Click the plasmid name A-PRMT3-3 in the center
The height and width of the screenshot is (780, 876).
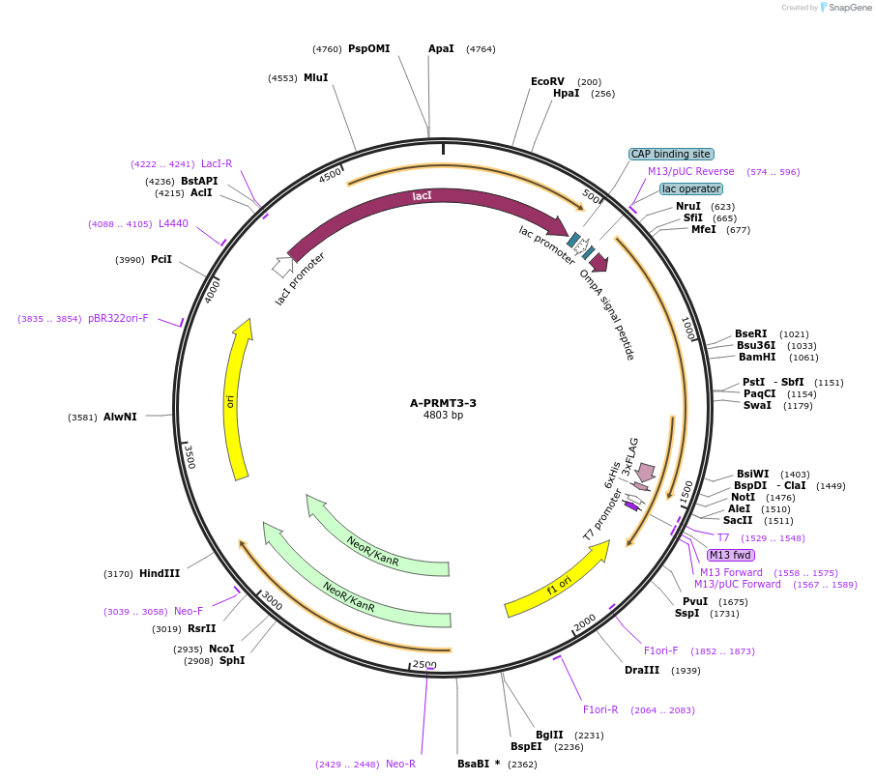(x=443, y=403)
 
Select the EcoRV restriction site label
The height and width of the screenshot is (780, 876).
(x=547, y=82)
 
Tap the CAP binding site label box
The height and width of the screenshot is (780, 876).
(x=671, y=154)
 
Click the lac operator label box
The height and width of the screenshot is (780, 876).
(x=691, y=189)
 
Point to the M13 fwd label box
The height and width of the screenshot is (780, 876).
(x=731, y=555)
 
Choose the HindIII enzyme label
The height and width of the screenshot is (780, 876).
(x=160, y=573)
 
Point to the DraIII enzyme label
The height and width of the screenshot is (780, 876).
(x=642, y=670)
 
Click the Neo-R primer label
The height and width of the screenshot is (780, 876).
(x=400, y=764)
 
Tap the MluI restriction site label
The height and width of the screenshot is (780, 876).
(x=315, y=77)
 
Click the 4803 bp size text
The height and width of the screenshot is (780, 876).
(x=443, y=416)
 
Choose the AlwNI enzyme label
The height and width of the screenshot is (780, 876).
(x=120, y=417)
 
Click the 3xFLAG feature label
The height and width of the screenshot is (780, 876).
(x=629, y=458)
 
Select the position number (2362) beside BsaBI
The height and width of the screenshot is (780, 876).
(x=522, y=764)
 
